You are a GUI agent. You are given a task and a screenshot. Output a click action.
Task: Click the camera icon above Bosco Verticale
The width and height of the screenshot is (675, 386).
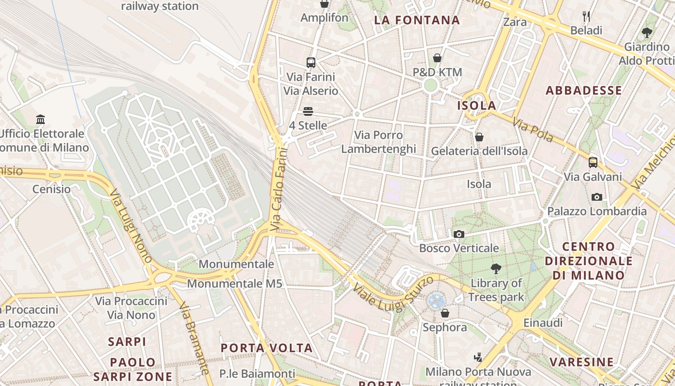[x=459, y=234]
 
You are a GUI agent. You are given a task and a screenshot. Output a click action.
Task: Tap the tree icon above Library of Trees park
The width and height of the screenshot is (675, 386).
[x=496, y=269]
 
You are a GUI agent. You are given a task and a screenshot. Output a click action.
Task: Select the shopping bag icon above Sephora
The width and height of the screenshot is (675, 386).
[x=445, y=313]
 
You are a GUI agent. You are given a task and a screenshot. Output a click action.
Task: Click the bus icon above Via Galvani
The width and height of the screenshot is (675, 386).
[x=593, y=163]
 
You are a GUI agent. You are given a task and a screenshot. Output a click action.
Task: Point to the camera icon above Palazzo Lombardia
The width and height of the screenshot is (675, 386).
[x=596, y=197]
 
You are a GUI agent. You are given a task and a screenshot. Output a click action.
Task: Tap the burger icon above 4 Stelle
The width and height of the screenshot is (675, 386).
[x=308, y=111]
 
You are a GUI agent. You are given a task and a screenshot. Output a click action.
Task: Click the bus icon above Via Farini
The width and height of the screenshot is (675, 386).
[x=311, y=63]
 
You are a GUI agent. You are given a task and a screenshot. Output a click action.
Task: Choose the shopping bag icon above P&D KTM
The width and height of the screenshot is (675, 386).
[x=437, y=58]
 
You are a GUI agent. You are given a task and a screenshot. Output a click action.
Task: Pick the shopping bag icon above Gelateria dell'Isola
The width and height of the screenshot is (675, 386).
[x=479, y=137]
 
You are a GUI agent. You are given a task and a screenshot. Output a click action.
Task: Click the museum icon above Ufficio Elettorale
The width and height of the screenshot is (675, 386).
[x=40, y=119]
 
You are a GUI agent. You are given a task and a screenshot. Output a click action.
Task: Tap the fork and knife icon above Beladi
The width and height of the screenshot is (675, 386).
[x=586, y=16]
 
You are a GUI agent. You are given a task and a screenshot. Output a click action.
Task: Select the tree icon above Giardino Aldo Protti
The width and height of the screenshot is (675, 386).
[x=647, y=33]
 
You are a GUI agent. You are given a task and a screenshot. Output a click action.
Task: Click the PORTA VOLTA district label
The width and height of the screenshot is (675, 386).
[x=267, y=348]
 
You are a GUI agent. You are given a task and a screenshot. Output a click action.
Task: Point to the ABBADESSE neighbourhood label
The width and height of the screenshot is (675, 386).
[x=583, y=91]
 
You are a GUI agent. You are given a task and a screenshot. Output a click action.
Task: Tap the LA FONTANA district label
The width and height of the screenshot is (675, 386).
[x=417, y=20]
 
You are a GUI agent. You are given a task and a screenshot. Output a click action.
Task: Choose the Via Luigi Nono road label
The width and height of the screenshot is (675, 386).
[x=131, y=226]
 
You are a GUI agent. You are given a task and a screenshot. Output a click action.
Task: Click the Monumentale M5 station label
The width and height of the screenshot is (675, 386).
[x=234, y=284]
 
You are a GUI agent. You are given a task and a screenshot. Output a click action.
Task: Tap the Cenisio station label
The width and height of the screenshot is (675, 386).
[x=52, y=189]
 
